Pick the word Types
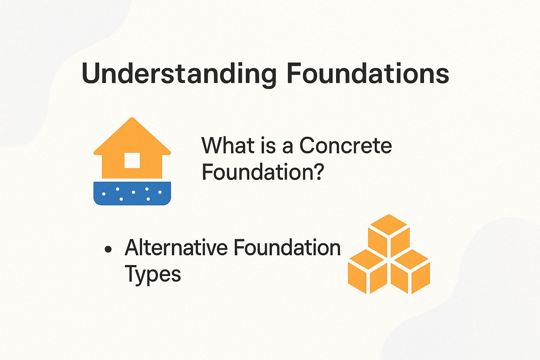coord(153,274)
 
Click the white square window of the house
coord(132,160)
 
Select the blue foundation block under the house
coord(132,193)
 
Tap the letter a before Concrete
coord(288,147)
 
